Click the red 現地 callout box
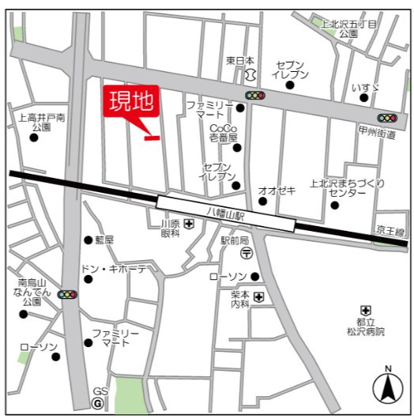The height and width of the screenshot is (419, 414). click(x=131, y=103)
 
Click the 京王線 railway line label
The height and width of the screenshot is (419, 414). click(x=389, y=232)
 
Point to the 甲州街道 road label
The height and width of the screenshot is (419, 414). click(x=376, y=134)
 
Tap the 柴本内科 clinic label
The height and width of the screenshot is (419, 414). click(x=240, y=298)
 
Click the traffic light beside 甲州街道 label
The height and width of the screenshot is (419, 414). click(x=386, y=118)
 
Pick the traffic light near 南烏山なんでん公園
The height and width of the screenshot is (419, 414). click(x=68, y=294)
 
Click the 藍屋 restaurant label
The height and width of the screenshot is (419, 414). click(x=103, y=240)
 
